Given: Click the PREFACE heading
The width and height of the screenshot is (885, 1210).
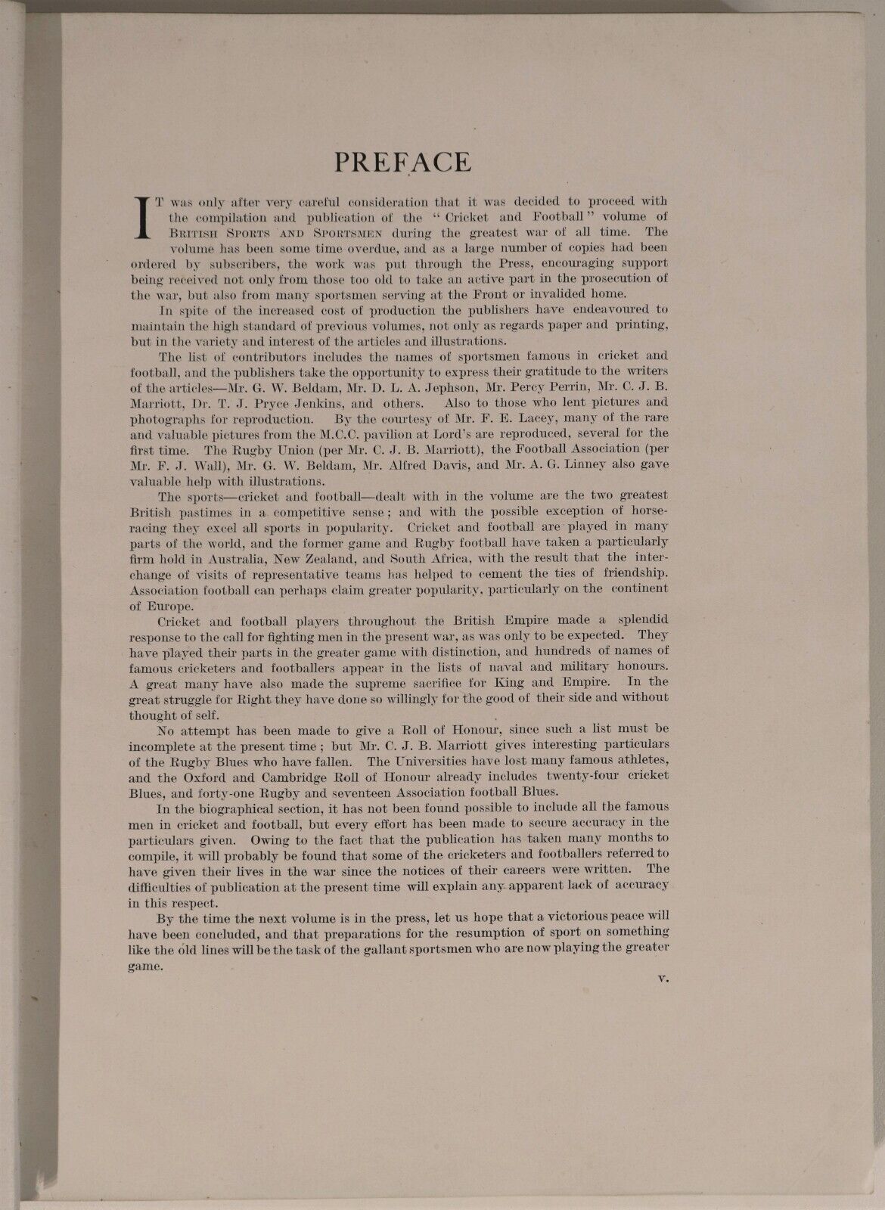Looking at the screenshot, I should point(403,162).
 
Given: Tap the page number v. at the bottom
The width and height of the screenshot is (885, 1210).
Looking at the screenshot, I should point(664,978).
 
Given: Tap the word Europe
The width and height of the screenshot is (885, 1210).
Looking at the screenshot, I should point(172,605).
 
